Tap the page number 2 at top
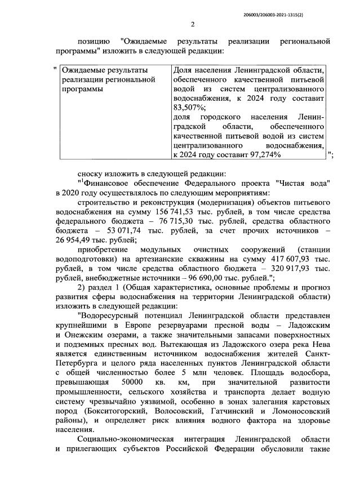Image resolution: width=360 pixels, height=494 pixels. tap(192, 24)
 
